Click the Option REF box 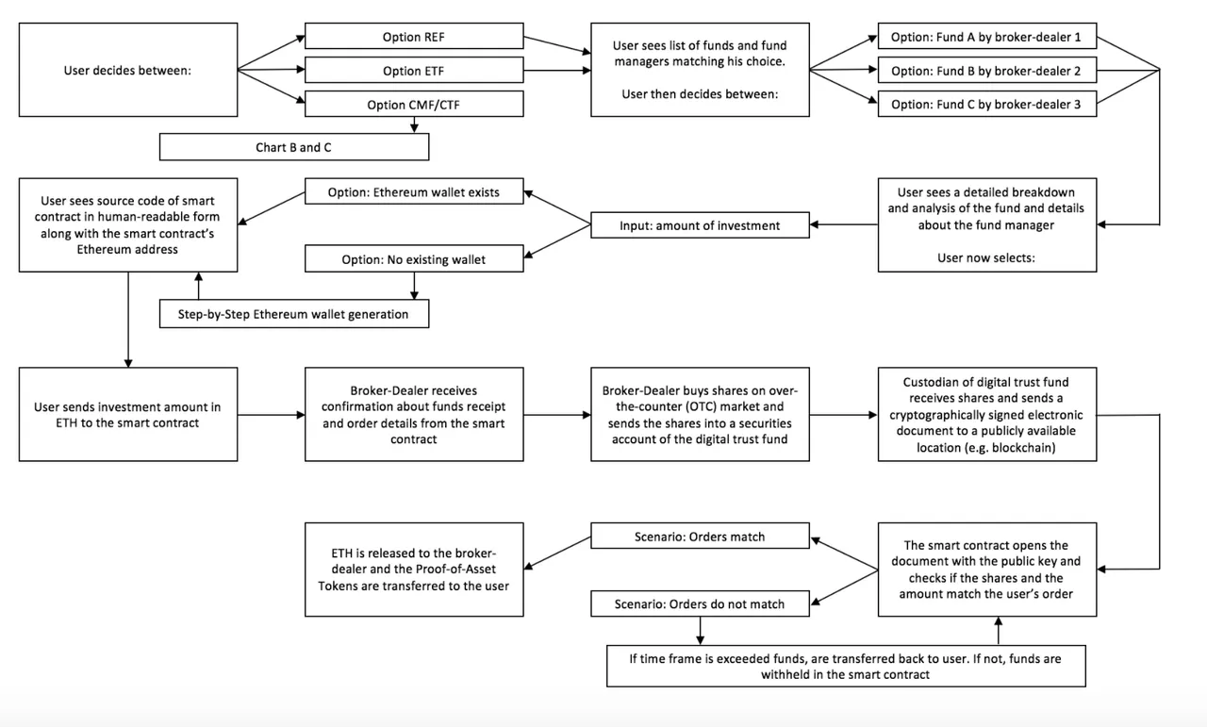pyautogui.click(x=414, y=36)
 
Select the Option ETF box pyautogui.click(x=414, y=70)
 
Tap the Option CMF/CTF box pyautogui.click(x=414, y=104)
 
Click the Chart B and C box pyautogui.click(x=294, y=147)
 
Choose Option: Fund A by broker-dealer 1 pyautogui.click(x=987, y=36)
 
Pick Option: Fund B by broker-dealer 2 pyautogui.click(x=987, y=70)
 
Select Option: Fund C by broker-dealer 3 pyautogui.click(x=987, y=104)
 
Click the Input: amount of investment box pyautogui.click(x=700, y=224)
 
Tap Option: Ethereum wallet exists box pyautogui.click(x=414, y=191)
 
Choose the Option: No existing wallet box pyautogui.click(x=414, y=258)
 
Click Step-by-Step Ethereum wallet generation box pyautogui.click(x=294, y=314)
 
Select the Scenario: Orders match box pyautogui.click(x=700, y=536)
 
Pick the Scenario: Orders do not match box pyautogui.click(x=700, y=603)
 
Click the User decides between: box pyautogui.click(x=128, y=70)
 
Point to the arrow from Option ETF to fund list pyautogui.click(x=557, y=70)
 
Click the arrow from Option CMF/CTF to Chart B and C pyautogui.click(x=414, y=125)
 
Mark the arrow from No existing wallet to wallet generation pyautogui.click(x=414, y=286)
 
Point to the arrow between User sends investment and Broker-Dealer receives pyautogui.click(x=271, y=415)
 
